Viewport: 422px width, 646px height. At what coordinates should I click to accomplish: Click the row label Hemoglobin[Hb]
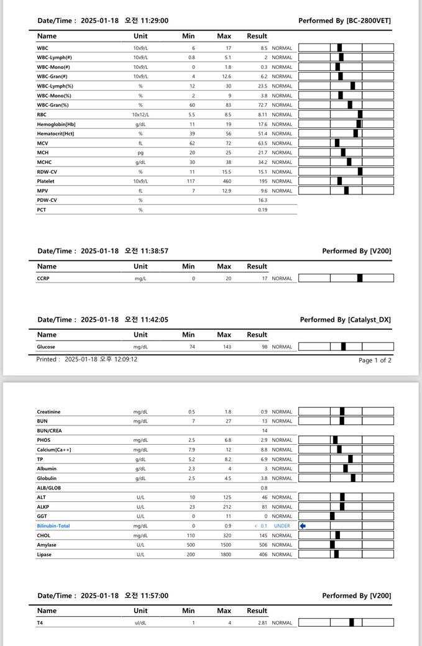coord(56,124)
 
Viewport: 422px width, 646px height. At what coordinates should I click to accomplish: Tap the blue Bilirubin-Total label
coord(53,526)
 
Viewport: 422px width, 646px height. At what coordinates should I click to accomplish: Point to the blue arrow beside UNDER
coord(303,526)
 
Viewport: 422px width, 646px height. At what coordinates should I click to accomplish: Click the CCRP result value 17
coord(264,279)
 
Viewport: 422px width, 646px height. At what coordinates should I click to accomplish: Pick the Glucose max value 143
coord(227,347)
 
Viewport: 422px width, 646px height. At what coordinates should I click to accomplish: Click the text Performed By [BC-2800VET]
coord(344,21)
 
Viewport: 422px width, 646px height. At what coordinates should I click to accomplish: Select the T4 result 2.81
coord(262,623)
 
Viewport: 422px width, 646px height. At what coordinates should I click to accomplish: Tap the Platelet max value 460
coord(227,181)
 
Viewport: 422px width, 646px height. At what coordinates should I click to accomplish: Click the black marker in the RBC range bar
coord(360,114)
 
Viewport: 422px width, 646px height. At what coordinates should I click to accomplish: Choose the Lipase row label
coord(45,555)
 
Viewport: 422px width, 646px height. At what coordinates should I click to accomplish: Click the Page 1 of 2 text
coord(375,360)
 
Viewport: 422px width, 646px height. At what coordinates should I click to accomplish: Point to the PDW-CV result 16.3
coord(263,201)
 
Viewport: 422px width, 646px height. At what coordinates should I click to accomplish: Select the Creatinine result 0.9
coord(264,412)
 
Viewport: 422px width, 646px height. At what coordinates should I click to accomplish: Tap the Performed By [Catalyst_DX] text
coord(345,320)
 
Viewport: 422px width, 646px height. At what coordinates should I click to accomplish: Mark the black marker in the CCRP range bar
coord(360,278)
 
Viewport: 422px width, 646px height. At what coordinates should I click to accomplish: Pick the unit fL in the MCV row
coord(140,143)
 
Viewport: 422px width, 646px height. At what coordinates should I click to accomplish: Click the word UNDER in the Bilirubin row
coord(282,526)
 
